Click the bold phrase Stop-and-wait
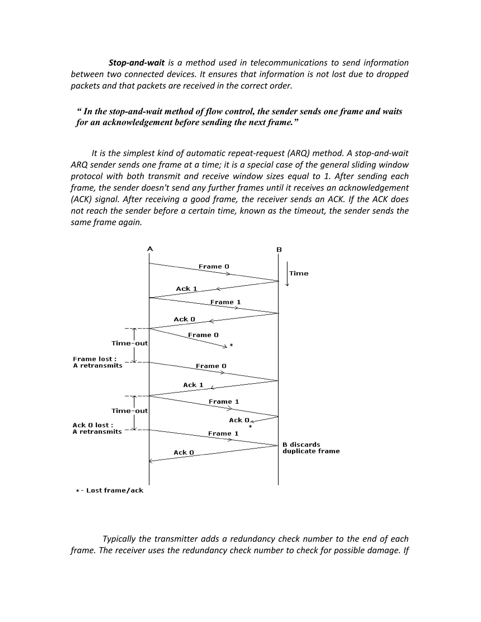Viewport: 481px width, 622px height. [x=136, y=63]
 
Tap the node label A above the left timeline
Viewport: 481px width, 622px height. [x=150, y=249]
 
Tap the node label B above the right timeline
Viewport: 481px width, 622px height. [x=279, y=250]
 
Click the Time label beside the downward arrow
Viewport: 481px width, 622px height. [x=299, y=273]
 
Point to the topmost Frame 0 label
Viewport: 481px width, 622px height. [x=214, y=267]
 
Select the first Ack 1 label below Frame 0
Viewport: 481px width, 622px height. [x=187, y=288]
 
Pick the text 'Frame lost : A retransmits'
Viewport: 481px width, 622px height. [x=97, y=362]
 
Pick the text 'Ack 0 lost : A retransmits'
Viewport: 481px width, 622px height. [x=97, y=428]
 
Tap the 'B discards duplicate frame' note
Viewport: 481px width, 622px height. [x=311, y=448]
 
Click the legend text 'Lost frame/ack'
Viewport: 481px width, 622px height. [x=115, y=490]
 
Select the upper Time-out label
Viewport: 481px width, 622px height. [x=129, y=343]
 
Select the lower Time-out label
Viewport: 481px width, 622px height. [x=129, y=411]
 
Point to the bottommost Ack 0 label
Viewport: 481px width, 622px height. [x=184, y=452]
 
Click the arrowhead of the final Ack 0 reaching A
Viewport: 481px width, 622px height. [x=151, y=461]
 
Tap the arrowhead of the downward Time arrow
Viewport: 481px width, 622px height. [x=287, y=284]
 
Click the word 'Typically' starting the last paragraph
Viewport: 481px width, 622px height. [x=119, y=539]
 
